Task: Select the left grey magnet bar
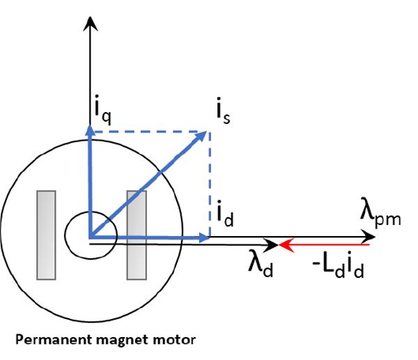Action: tap(46, 234)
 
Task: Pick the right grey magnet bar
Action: tap(135, 234)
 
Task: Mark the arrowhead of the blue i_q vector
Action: tap(89, 130)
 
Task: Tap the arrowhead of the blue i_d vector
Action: tap(205, 238)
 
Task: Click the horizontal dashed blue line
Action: tap(150, 132)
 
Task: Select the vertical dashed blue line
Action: tap(210, 185)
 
